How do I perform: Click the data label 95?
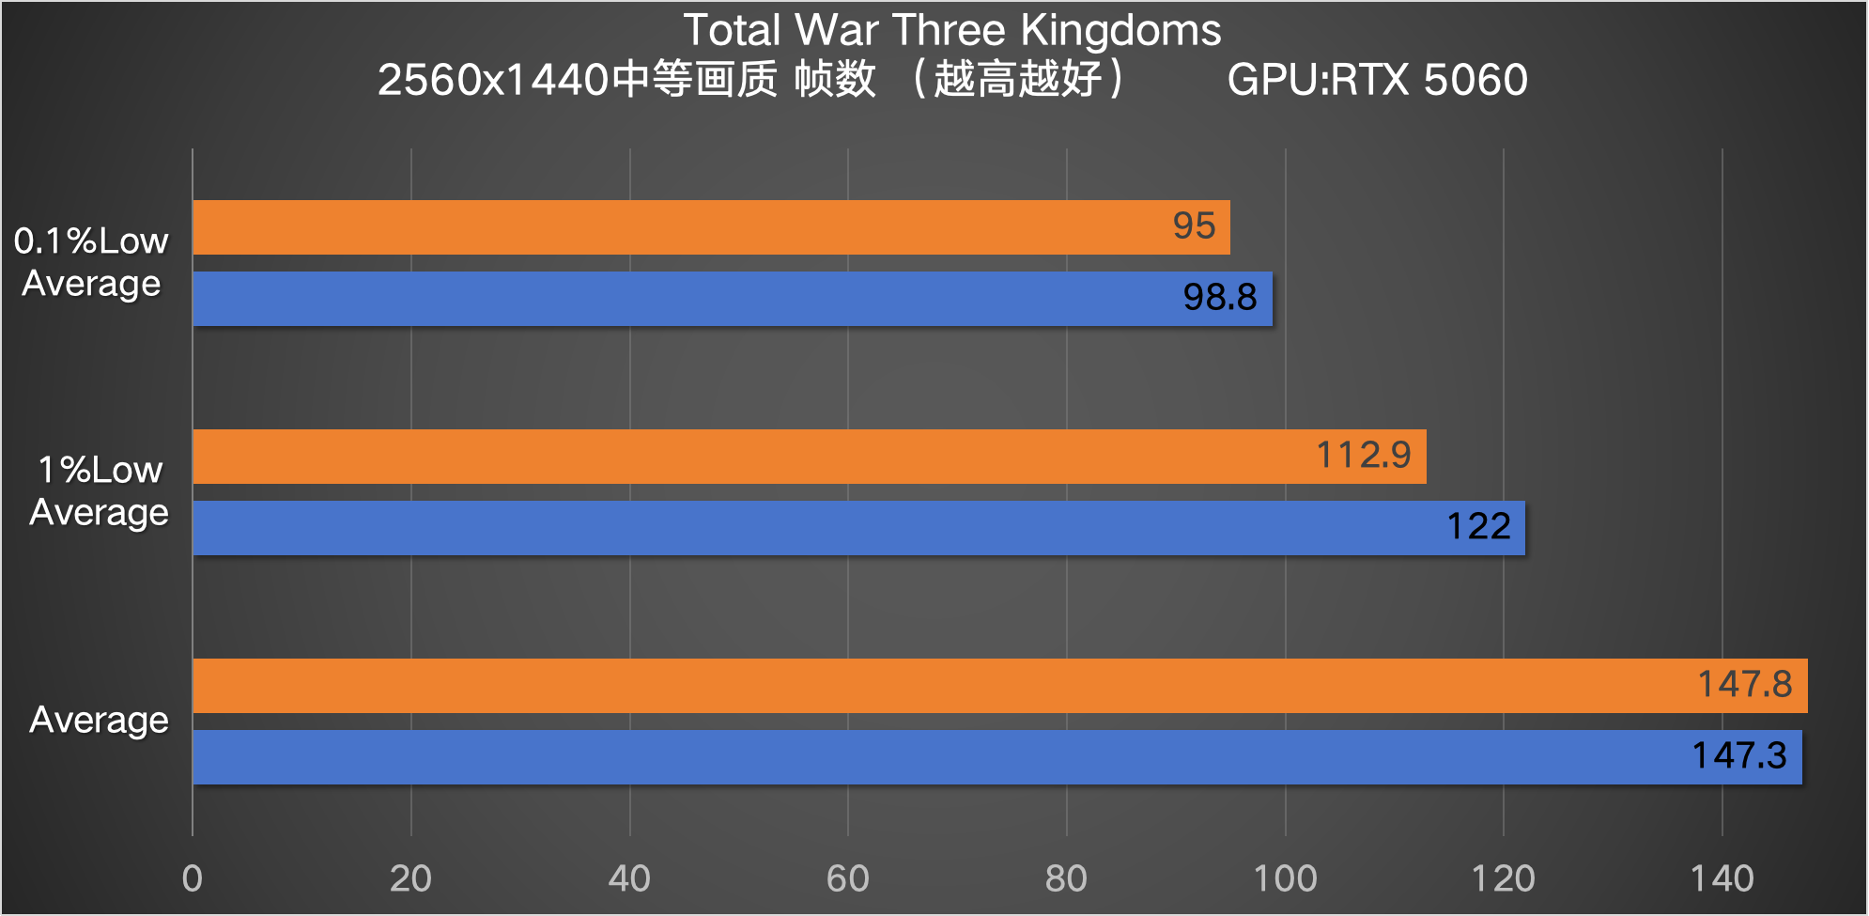tap(1194, 226)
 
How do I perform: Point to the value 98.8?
tap(1219, 298)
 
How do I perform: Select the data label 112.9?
tap(1363, 456)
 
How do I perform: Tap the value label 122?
tap(1478, 527)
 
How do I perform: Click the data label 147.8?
tap(1744, 685)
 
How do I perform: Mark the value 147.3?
tap(1738, 756)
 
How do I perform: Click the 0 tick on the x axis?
tap(193, 879)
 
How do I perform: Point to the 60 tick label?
tap(847, 879)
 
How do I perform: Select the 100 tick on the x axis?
tap(1285, 879)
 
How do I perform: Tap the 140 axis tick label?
tap(1722, 879)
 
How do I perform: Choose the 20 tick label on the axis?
tap(410, 879)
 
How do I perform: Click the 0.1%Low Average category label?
tap(91, 262)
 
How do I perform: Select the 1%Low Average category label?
tap(99, 491)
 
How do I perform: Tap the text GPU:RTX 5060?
tap(1377, 80)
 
